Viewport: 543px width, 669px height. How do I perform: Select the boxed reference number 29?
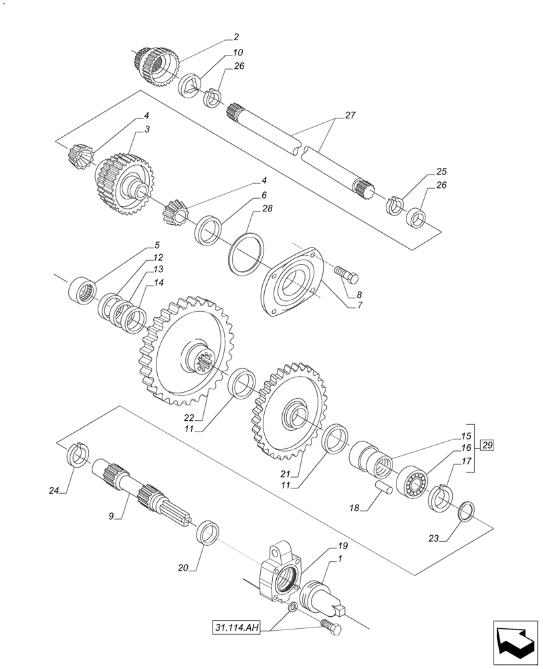click(x=487, y=446)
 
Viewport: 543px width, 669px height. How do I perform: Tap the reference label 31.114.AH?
click(x=237, y=628)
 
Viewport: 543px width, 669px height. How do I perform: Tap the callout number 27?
click(x=350, y=116)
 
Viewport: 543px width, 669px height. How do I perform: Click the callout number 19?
click(x=342, y=546)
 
